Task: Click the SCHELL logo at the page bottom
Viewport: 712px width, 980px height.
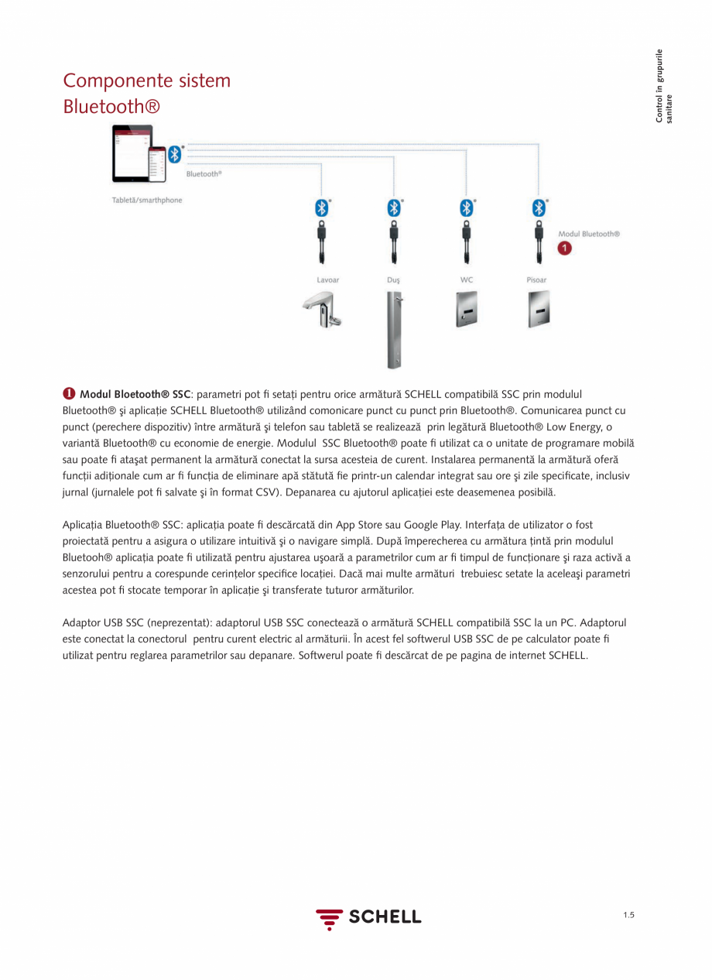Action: tap(368, 917)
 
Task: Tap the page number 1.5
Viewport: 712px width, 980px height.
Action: tap(628, 916)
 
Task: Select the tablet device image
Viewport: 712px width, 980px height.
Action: tap(130, 152)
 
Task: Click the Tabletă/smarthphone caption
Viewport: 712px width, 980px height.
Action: tap(142, 200)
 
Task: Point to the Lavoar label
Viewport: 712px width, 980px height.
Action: tap(327, 280)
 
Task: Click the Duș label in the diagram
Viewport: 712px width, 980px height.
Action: tap(394, 280)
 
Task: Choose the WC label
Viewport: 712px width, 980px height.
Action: tap(466, 280)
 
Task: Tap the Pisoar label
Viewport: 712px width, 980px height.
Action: tap(536, 280)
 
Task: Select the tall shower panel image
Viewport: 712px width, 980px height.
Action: tap(395, 330)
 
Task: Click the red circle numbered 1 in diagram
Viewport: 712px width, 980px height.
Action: tap(565, 248)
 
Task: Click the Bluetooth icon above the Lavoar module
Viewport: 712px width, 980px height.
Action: tap(321, 208)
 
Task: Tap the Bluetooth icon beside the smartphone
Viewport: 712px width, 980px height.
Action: tap(175, 153)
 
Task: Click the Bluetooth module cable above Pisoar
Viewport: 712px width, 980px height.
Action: tap(538, 242)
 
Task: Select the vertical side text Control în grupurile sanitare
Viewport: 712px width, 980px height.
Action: tap(663, 85)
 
